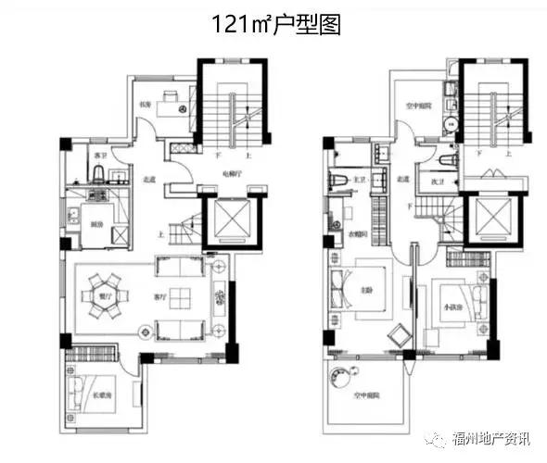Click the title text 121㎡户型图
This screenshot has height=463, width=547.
[x=275, y=24]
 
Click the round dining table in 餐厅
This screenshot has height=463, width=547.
[x=105, y=296]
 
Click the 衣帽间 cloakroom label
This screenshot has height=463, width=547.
[x=360, y=233]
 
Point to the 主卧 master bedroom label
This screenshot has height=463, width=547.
[x=367, y=287]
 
